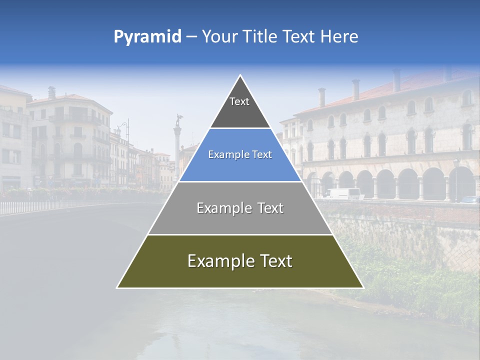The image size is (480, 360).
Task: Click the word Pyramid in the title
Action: [147, 37]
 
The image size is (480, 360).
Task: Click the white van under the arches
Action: [343, 193]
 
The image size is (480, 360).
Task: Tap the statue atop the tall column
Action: [177, 120]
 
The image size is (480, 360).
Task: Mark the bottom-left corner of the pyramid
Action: [117, 287]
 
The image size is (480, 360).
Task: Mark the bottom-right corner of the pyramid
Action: [363, 287]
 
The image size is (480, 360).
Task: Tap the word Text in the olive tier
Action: [272, 261]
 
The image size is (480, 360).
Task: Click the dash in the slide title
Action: [191, 37]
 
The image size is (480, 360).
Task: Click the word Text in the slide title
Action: [300, 37]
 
